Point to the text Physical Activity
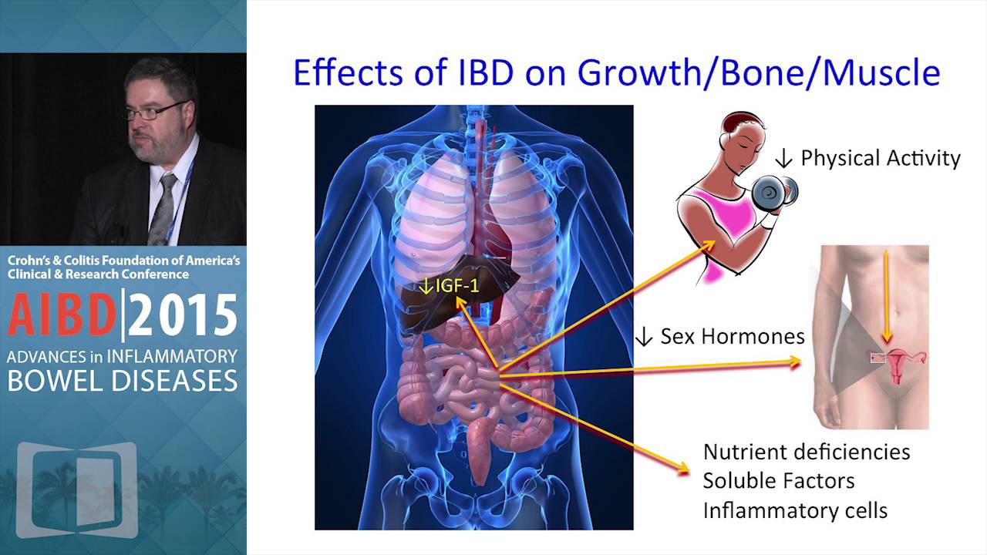coord(881,158)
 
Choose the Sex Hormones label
coord(732,336)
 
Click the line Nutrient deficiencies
coord(807,451)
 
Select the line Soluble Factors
coord(779,480)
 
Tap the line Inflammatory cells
coord(795,510)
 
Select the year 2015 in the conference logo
coord(183,316)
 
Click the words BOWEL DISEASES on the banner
coord(123,380)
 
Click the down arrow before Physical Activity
coord(784,159)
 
